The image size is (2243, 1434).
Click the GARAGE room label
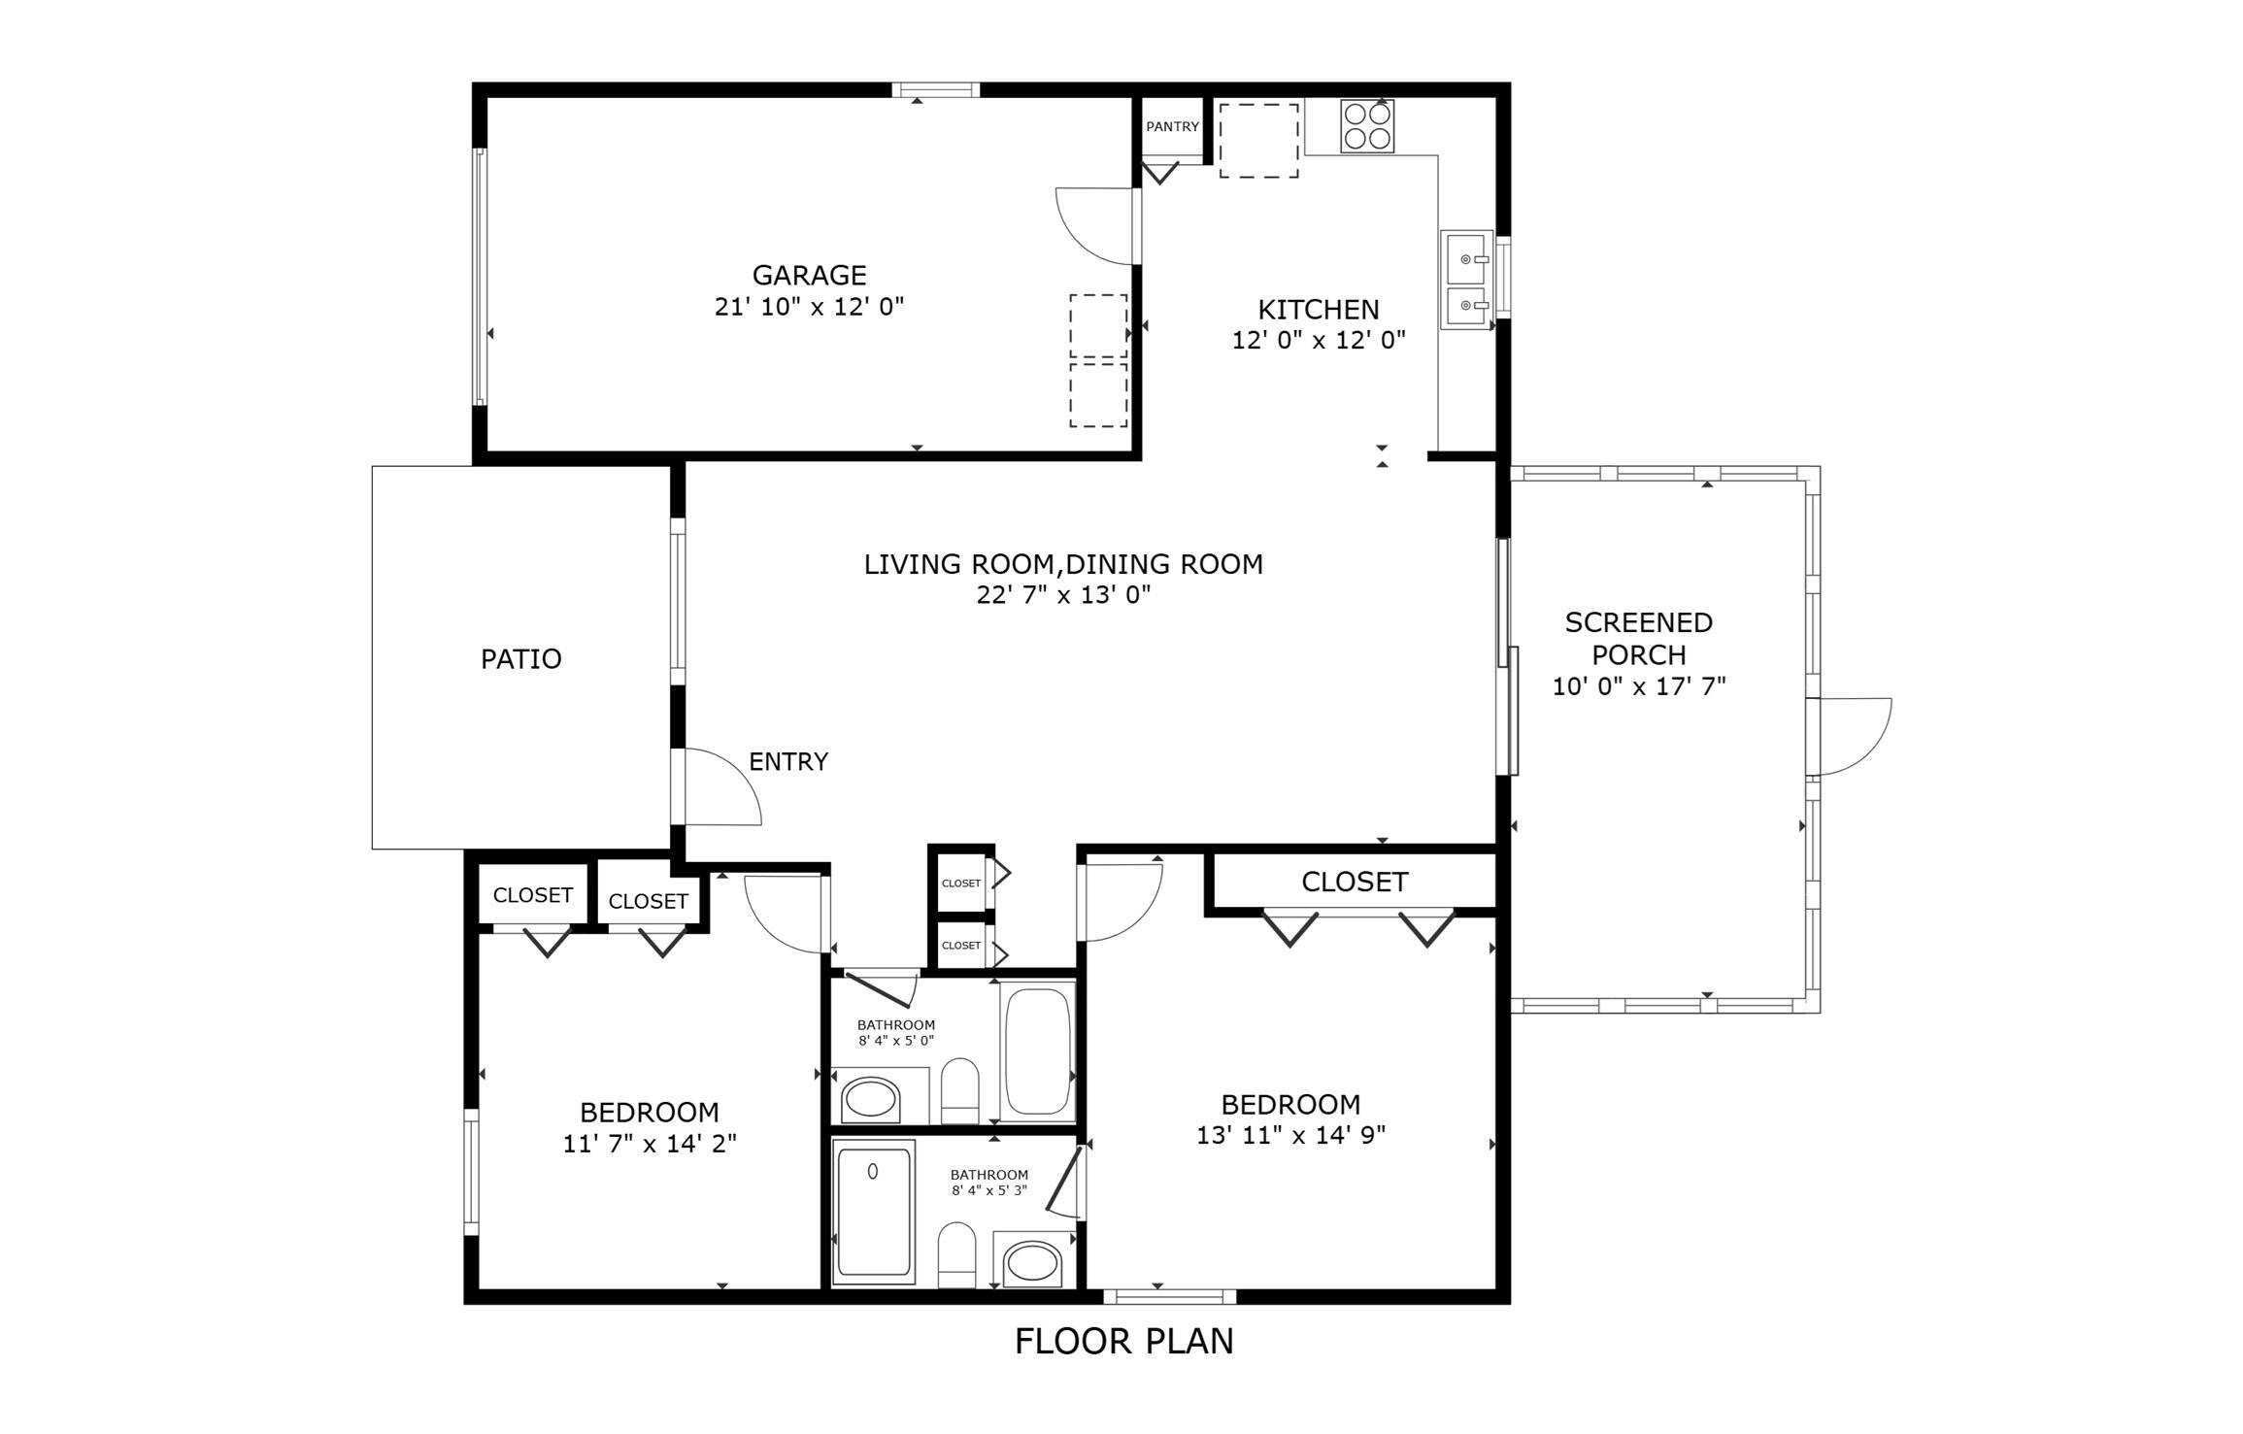(x=809, y=275)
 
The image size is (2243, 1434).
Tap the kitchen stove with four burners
(x=1366, y=126)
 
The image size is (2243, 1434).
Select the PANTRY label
(x=1171, y=127)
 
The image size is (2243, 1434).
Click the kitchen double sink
(x=1465, y=281)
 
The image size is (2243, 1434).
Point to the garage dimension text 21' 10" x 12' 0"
(x=809, y=307)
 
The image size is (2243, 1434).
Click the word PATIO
(x=520, y=659)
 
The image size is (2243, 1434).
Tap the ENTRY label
(x=787, y=762)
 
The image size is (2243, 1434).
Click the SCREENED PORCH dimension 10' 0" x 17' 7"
(x=1638, y=686)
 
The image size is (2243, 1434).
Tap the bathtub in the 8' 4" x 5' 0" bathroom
(x=1037, y=1051)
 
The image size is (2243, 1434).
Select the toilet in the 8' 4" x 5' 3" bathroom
(x=956, y=1254)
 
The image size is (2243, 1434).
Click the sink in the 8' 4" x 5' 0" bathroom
(x=871, y=1099)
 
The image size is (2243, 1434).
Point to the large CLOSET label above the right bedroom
(x=1354, y=882)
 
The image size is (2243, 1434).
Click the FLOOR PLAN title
(x=1123, y=1342)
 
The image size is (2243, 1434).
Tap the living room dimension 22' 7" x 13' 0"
(x=1063, y=595)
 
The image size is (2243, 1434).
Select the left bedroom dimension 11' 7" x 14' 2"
(x=650, y=1144)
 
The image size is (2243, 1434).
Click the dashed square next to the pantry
(x=1258, y=141)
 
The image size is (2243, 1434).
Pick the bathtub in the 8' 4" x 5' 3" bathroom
(x=873, y=1212)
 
